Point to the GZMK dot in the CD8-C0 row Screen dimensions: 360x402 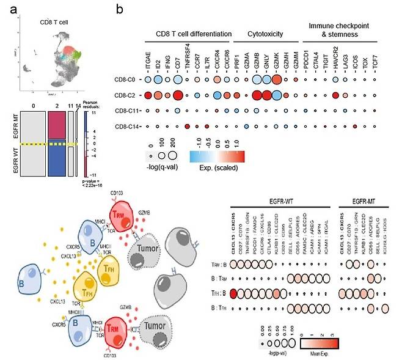[x=277, y=79]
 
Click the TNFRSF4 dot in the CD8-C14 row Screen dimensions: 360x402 [x=188, y=127]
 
